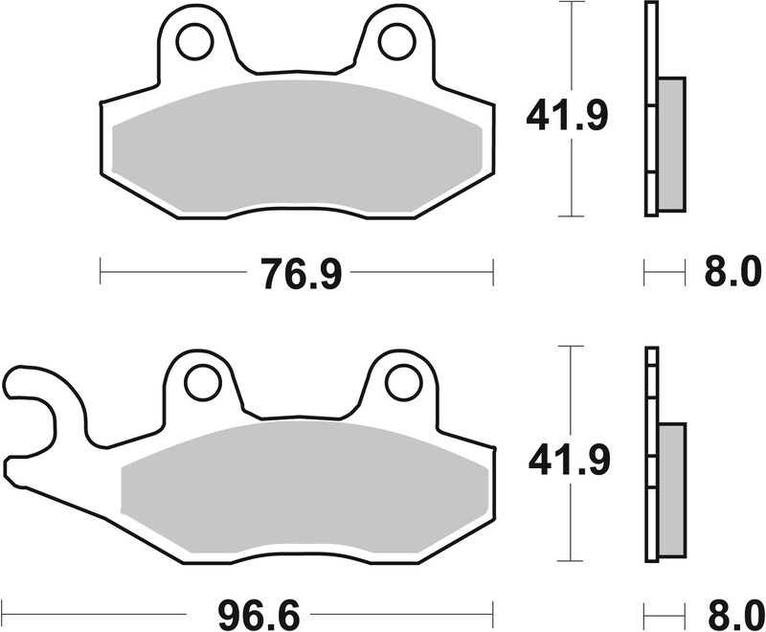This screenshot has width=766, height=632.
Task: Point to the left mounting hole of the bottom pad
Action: click(x=202, y=383)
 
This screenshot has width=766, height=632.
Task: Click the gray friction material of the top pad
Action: click(x=297, y=144)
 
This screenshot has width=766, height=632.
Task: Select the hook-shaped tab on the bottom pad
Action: click(x=38, y=402)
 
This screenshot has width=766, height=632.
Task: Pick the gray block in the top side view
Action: click(x=671, y=144)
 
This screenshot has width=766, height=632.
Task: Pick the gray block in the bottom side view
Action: click(x=672, y=488)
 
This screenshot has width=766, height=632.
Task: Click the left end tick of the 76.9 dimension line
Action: click(x=101, y=272)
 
